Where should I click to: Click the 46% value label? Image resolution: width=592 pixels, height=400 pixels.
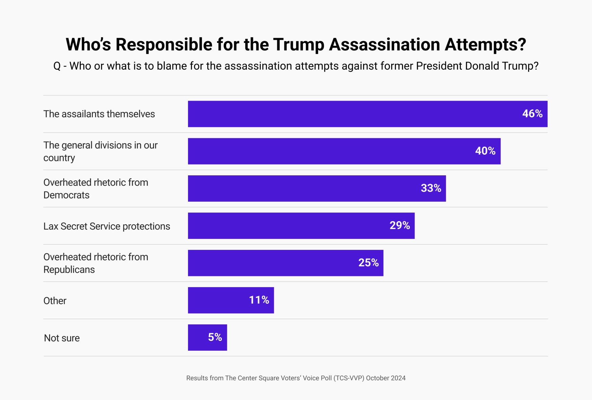[532, 114]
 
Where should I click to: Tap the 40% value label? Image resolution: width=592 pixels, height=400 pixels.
[485, 151]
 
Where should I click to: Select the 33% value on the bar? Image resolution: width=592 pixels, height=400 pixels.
[431, 188]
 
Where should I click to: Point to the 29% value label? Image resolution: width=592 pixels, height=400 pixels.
[400, 225]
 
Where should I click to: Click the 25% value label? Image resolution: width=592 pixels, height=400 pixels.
[368, 262]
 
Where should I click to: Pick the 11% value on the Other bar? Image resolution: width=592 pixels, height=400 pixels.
[259, 300]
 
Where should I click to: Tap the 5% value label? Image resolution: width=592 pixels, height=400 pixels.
[215, 337]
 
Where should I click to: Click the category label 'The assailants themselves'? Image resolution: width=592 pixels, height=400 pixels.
[99, 114]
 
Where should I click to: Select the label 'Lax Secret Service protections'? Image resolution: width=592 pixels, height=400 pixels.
[106, 226]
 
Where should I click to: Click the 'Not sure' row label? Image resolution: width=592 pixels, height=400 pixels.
[62, 338]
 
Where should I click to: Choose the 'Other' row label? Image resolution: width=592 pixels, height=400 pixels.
[55, 301]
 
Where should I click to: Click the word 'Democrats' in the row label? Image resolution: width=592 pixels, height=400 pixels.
[66, 195]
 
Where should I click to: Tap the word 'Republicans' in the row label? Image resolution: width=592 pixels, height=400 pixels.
[69, 270]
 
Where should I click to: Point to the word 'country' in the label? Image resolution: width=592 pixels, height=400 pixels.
[59, 158]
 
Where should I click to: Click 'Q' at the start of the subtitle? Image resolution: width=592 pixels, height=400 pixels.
[57, 66]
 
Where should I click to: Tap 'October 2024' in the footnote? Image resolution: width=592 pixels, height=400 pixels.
[386, 378]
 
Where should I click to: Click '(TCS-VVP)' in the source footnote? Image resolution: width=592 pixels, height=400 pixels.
[349, 378]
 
